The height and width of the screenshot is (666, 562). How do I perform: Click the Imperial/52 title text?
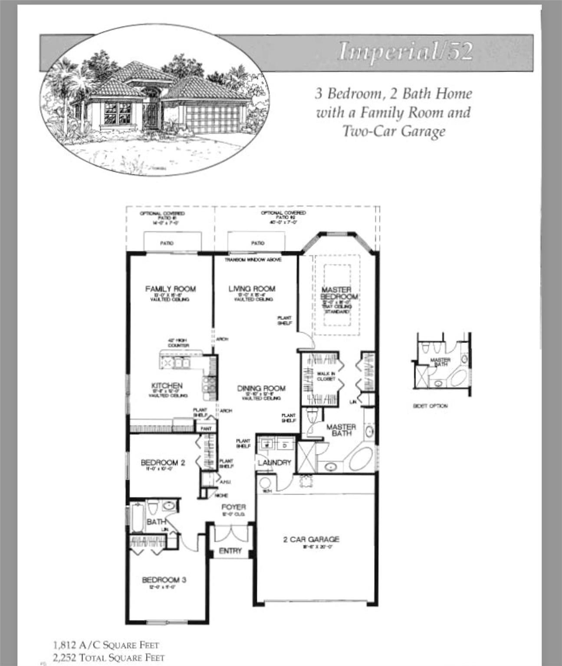[x=405, y=51]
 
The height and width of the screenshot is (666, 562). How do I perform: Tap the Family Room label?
[x=170, y=289]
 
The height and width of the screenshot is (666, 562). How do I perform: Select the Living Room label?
[x=252, y=289]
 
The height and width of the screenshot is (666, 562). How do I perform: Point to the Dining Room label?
[x=261, y=388]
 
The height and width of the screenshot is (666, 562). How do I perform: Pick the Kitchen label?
[x=167, y=386]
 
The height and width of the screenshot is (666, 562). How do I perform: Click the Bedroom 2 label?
[x=163, y=463]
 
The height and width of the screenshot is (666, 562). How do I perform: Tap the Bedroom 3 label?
[x=164, y=580]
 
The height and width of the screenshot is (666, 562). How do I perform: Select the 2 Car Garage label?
[x=311, y=539]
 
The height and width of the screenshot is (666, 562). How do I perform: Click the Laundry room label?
[x=274, y=463]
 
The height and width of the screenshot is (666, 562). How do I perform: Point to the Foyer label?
[x=233, y=507]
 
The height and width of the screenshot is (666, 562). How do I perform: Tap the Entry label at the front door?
[x=230, y=551]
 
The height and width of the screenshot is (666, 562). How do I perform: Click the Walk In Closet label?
[x=326, y=376]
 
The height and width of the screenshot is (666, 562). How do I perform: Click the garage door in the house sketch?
[x=212, y=119]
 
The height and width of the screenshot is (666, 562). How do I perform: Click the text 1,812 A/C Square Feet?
[x=106, y=645]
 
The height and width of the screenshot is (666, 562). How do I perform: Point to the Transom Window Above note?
[x=253, y=260]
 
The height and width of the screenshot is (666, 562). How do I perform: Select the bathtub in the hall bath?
[x=138, y=517]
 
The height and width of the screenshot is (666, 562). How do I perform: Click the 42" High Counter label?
[x=178, y=343]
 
